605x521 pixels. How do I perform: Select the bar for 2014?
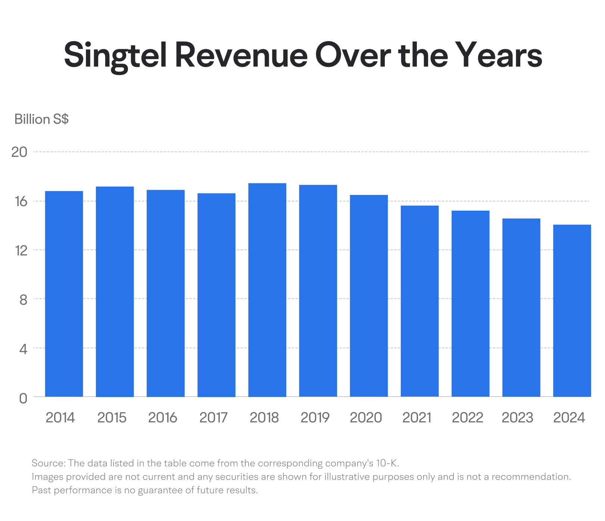[64, 294]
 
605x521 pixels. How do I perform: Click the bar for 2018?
[267, 290]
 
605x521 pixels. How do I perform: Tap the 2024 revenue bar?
[572, 311]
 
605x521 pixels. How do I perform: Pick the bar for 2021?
[420, 301]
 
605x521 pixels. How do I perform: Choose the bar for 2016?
[166, 293]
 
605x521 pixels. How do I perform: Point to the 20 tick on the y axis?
[19, 152]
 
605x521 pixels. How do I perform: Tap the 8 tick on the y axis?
[24, 299]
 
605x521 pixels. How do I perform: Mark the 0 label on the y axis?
[23, 398]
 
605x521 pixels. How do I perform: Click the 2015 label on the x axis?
[112, 418]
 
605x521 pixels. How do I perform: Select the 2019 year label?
[315, 418]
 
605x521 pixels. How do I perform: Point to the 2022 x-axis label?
[468, 418]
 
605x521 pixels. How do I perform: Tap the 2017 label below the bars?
[213, 418]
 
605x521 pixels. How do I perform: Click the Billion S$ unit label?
[41, 119]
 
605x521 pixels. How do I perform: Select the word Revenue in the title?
[241, 55]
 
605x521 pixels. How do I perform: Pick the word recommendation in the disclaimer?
[531, 477]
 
